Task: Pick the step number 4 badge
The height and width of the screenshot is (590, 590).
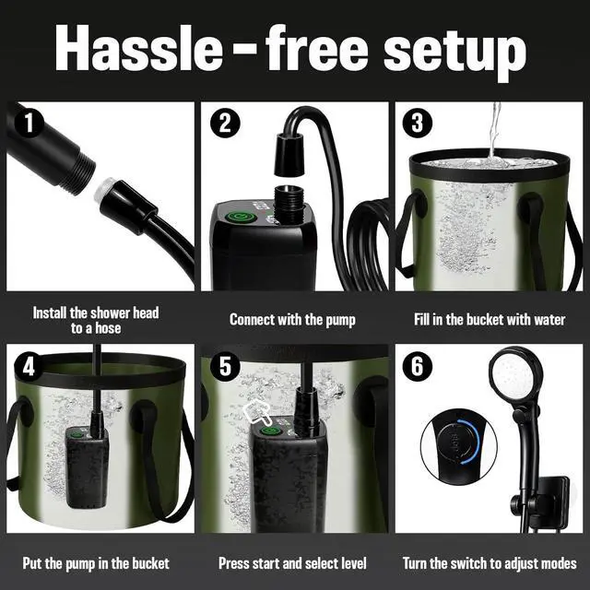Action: coord(29,367)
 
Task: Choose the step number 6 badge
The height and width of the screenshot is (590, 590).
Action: coord(419,367)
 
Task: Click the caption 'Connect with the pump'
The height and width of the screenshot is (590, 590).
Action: coord(292,320)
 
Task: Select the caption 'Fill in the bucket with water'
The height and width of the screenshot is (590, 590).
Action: coord(489,320)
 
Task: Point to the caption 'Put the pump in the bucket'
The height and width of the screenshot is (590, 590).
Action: coord(100,562)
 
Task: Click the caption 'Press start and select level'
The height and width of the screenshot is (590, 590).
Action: coord(292,562)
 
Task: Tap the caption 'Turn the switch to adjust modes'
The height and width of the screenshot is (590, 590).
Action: coord(490,562)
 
